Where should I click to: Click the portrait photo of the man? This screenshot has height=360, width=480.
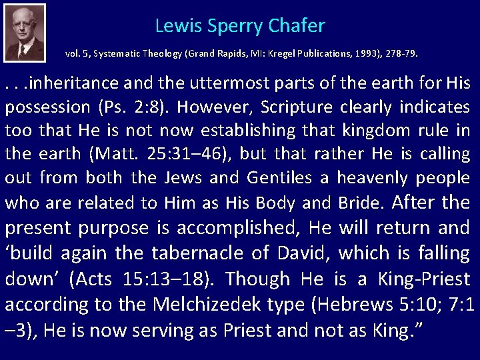[24, 33]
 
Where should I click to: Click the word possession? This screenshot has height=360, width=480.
[47, 107]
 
